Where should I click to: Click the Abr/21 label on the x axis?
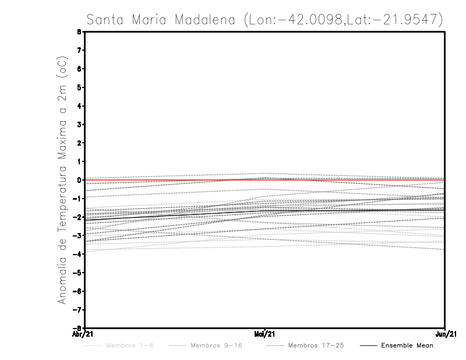coord(82,334)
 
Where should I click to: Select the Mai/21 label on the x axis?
coord(265,334)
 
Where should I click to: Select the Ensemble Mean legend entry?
coord(407,345)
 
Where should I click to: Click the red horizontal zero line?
coord(349,179)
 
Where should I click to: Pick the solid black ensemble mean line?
coord(175,214)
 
